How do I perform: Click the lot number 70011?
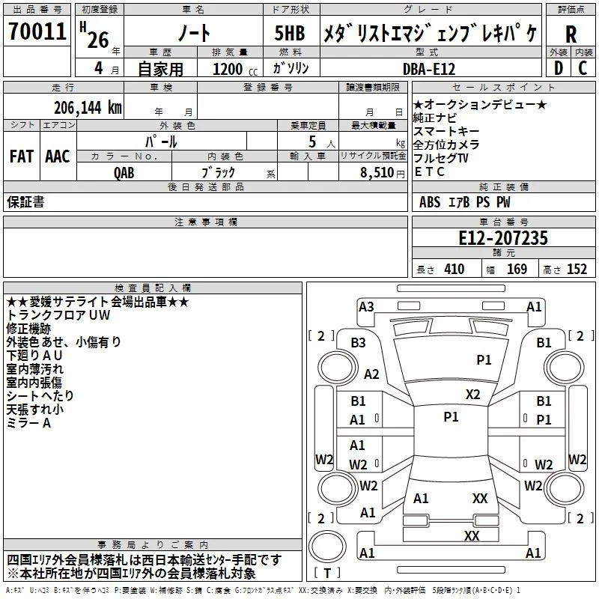tap(37, 31)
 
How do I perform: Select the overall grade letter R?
tap(571, 34)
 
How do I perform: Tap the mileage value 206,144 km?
tap(88, 108)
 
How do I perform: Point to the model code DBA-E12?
tap(429, 69)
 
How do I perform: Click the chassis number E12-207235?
tap(503, 238)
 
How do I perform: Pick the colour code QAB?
tap(124, 173)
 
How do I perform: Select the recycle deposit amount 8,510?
tap(377, 173)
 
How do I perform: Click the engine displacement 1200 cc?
tap(235, 69)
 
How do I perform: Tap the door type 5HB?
tap(290, 33)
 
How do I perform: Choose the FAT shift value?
tap(22, 156)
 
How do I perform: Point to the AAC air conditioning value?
tap(58, 156)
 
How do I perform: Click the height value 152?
tap(577, 269)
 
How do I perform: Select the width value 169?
tap(517, 269)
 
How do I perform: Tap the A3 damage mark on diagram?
tap(366, 306)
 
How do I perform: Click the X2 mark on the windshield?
tap(472, 394)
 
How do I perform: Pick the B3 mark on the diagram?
tap(358, 343)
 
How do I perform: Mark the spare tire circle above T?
tap(327, 547)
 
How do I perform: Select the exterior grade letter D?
tap(559, 68)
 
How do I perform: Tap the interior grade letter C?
tap(583, 68)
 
